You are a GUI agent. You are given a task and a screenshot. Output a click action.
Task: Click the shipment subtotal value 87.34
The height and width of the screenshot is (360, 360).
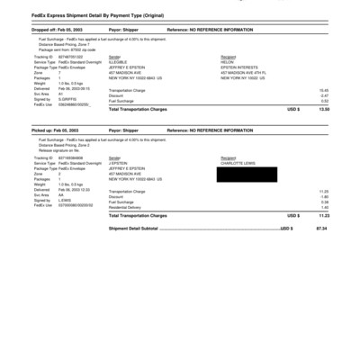coord(321,229)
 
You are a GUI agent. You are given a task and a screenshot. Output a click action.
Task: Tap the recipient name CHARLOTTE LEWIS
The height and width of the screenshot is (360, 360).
coord(236,163)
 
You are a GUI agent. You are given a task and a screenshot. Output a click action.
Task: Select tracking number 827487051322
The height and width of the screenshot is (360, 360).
coord(69,57)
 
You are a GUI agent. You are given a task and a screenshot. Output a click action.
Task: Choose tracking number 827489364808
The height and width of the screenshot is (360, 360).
coord(69,157)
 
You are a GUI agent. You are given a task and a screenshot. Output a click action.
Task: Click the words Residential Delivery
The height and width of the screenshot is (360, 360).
coord(128,206)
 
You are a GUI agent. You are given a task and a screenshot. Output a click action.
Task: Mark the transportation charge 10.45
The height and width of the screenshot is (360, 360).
coord(324,90)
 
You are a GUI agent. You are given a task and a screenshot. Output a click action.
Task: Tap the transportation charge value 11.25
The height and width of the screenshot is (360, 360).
coord(324,191)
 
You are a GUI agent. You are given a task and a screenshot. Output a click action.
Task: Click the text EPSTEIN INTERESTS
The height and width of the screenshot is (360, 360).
coord(236,67)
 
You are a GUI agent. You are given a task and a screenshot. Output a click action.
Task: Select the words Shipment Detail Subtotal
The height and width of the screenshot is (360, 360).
coord(133,229)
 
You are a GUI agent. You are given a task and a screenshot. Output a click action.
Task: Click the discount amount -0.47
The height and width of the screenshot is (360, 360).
coord(324,95)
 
